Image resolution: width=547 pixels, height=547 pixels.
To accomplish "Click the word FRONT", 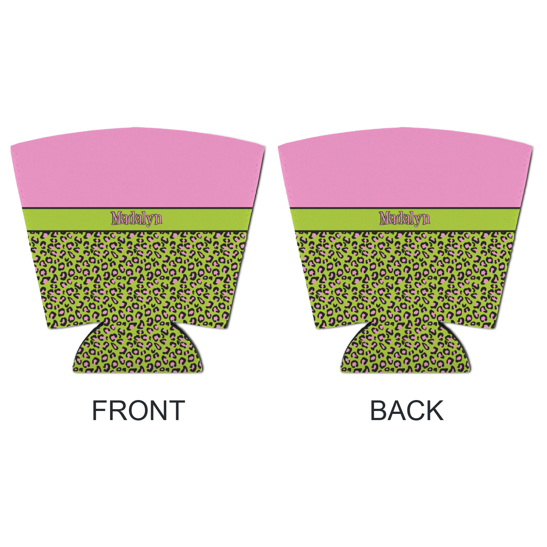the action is (x=138, y=410).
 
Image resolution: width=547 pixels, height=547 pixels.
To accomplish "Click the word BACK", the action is (x=407, y=410).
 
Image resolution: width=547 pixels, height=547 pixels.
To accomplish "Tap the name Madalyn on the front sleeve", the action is (x=136, y=218).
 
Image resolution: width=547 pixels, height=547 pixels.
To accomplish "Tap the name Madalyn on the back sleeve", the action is (x=404, y=218).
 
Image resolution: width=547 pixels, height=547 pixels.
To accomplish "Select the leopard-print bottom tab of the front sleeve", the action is (x=138, y=348).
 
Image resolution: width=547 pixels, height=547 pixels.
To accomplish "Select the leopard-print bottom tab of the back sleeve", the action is (x=406, y=348).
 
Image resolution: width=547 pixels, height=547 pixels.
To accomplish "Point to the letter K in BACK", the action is (x=434, y=410).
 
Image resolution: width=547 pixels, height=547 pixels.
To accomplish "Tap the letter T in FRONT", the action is (x=176, y=410).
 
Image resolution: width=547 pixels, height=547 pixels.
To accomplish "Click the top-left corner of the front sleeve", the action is (x=11, y=145).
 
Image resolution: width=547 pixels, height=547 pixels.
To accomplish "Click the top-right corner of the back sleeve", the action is (x=532, y=147).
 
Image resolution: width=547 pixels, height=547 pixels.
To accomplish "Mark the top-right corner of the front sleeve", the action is (x=264, y=147).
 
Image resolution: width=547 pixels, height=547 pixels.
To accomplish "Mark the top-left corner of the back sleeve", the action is (x=278, y=145).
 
